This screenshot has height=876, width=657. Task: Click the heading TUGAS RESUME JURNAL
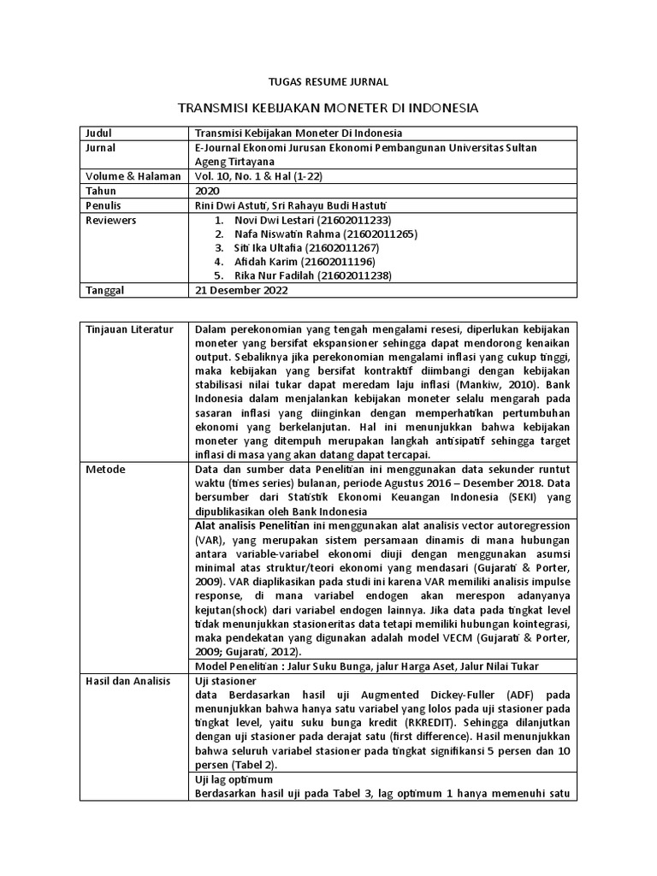pos(328,82)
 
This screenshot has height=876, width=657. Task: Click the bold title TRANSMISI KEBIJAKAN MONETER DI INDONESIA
pos(328,109)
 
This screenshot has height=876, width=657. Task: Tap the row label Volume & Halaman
pos(133,176)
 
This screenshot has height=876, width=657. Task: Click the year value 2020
pos(207,191)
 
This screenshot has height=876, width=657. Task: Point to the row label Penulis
pos(105,205)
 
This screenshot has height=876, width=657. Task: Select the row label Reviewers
pos(111,220)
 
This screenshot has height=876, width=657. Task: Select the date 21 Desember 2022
pos(242,290)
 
